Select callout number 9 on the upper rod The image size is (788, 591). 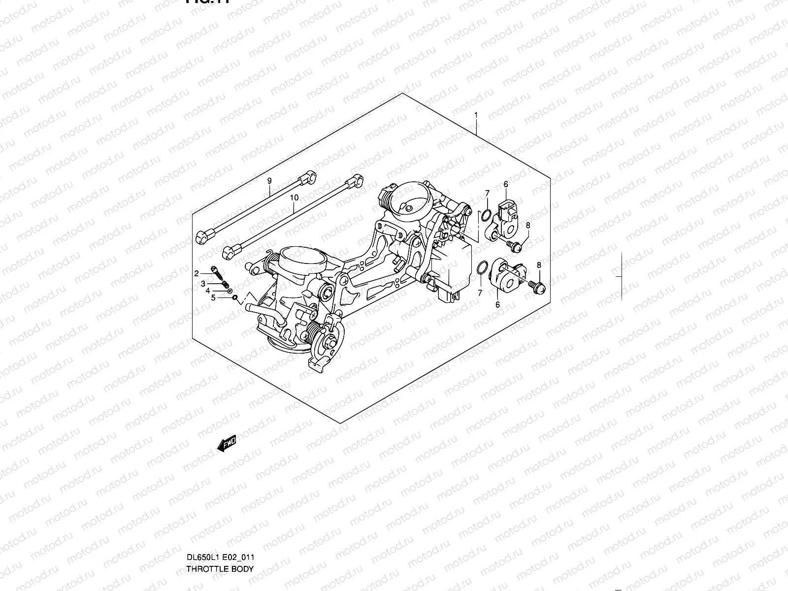(269, 181)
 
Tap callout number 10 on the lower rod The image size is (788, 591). (294, 197)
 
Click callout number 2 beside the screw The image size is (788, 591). (196, 273)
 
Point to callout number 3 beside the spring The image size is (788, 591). (202, 284)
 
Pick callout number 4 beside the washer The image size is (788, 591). (208, 291)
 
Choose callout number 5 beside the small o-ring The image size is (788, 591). (213, 297)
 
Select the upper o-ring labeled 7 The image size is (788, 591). (485, 215)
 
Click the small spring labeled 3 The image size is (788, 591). (224, 284)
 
